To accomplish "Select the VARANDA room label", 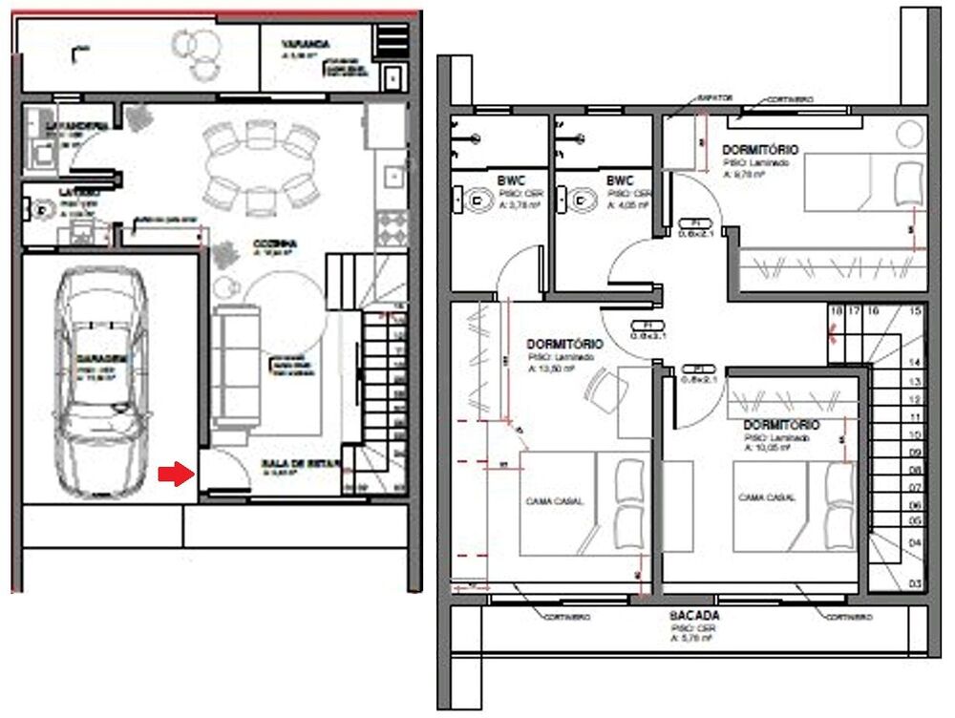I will (x=306, y=44).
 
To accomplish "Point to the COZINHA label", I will (x=275, y=244).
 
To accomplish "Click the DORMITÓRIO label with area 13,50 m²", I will (x=564, y=343).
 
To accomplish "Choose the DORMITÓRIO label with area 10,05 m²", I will (x=780, y=424).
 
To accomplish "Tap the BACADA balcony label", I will (x=694, y=617).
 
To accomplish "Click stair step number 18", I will (x=837, y=311).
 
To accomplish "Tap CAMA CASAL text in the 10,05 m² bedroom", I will (x=767, y=497).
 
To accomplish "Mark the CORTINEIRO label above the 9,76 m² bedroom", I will (x=789, y=98).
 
